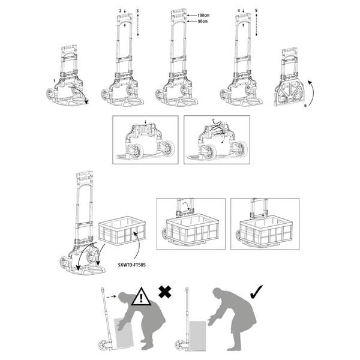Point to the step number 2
120,11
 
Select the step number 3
138,11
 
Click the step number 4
239,11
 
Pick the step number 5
257,11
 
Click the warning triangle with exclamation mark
142,296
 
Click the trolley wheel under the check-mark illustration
178,345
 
